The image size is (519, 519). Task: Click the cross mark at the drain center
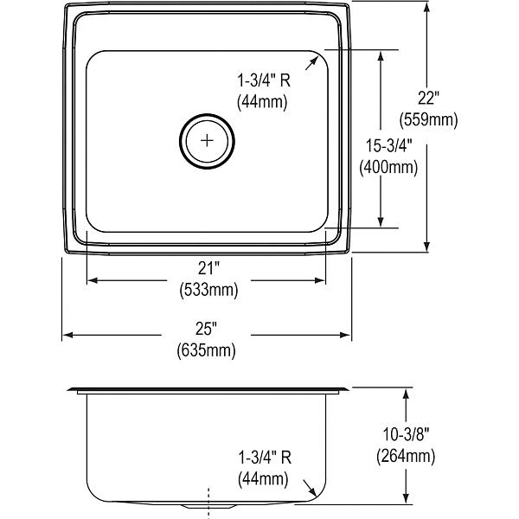tap(207, 141)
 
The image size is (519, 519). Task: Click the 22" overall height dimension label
tap(428, 98)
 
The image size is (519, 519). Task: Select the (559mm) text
tap(428, 119)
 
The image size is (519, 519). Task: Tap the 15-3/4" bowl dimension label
tap(389, 145)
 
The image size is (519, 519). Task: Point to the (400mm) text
tap(388, 167)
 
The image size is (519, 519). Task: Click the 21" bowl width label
tap(208, 268)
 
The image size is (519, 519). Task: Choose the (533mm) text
tap(208, 290)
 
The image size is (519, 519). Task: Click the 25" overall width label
tap(206, 329)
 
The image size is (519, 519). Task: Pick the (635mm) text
tap(206, 350)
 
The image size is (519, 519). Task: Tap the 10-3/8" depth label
tap(406, 434)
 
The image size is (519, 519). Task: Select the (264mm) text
tap(406, 456)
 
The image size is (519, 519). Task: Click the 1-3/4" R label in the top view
tap(264, 80)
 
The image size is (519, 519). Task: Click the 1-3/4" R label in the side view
tap(265, 458)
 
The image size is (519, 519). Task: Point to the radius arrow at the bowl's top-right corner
tap(311, 63)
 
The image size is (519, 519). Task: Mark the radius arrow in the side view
tap(311, 488)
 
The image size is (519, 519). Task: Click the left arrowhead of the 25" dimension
tap(67, 336)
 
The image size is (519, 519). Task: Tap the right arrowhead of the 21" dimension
tap(320, 280)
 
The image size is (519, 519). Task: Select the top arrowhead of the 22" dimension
tap(427, 7)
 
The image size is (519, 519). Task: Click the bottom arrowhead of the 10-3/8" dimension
tap(407, 498)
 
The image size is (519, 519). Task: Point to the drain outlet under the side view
tap(208, 506)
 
